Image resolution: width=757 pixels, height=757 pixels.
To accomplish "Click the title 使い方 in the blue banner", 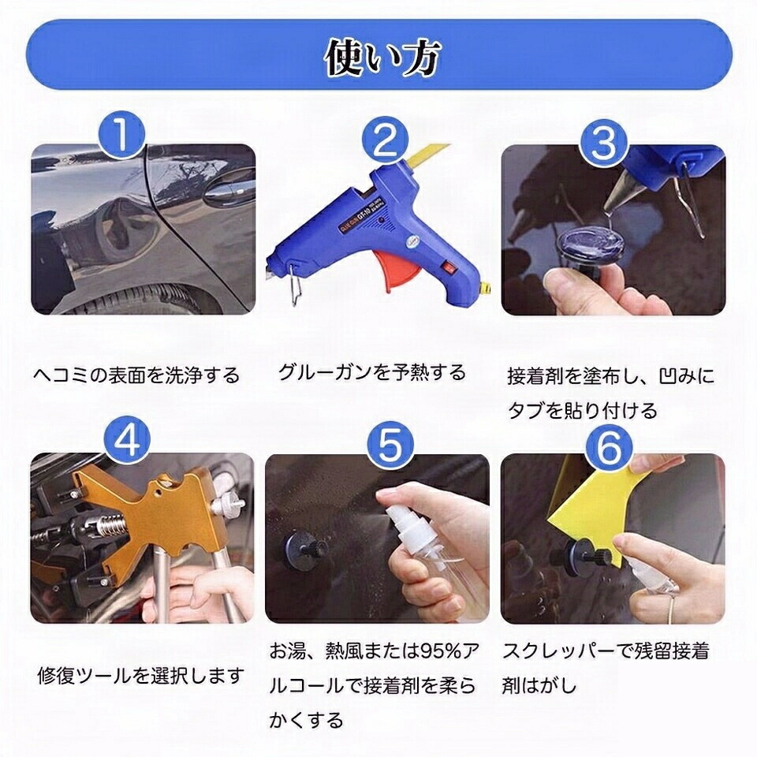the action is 382,58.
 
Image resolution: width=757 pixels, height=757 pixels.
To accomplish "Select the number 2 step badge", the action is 385,140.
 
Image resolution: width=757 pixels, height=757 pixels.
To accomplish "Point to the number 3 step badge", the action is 604,142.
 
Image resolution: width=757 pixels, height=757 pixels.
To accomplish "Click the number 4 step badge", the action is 128,440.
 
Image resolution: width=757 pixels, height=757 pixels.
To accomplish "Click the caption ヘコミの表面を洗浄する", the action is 136,375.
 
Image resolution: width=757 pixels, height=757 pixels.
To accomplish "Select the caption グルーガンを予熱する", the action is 371,372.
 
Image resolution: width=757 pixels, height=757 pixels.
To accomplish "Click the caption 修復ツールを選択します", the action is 140,675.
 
